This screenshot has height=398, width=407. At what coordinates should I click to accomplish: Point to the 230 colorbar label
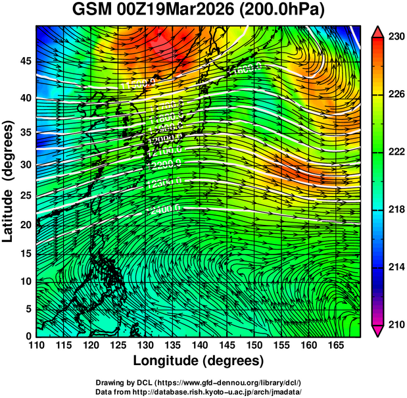396,37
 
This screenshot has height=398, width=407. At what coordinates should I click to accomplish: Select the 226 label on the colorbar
396,95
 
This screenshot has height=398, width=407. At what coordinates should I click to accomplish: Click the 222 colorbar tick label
396,152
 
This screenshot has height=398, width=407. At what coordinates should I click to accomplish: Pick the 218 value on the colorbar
396,209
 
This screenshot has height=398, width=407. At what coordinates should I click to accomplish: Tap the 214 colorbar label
396,267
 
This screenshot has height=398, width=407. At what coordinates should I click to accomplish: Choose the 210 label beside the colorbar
396,324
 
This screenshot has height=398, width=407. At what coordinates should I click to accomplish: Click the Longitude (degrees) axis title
199,361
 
